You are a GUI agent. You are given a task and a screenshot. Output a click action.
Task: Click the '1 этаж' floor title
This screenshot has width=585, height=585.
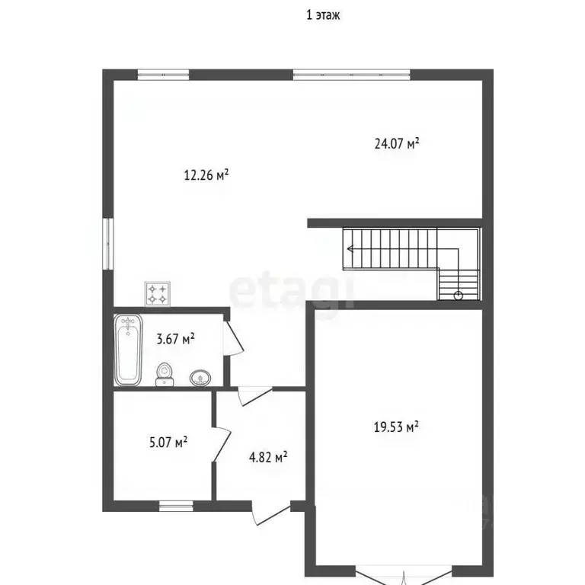click(323, 15)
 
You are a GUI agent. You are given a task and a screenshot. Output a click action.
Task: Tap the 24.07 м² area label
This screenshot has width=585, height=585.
click(397, 144)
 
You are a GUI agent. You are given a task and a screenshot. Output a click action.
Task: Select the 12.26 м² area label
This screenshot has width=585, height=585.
click(206, 174)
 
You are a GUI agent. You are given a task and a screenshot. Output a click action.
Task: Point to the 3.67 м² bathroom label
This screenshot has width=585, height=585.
click(175, 339)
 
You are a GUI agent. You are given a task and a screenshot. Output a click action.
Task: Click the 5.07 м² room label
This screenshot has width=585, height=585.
click(168, 443)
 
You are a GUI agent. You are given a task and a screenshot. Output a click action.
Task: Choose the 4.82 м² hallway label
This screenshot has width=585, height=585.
click(268, 457)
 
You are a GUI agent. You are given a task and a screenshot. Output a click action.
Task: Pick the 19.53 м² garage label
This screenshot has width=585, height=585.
click(396, 427)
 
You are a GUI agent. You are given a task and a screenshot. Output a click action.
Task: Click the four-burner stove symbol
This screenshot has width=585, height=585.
click(158, 294)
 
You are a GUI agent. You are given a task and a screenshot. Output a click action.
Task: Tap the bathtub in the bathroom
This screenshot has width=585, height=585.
click(128, 350)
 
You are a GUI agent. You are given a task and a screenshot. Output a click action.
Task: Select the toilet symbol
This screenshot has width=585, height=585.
click(165, 374)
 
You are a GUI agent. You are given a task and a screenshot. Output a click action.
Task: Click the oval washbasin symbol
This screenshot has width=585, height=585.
click(200, 378)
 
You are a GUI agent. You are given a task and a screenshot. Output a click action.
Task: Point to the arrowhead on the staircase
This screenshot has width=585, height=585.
click(350, 248)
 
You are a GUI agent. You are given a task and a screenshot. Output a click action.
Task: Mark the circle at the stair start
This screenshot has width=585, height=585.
click(458, 296)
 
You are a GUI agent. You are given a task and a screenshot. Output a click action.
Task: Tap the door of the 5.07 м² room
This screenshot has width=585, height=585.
click(222, 444)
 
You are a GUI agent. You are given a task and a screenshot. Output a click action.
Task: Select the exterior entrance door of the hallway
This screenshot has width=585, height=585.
click(270, 513)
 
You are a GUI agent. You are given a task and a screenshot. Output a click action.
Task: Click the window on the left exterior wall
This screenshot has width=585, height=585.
click(108, 244)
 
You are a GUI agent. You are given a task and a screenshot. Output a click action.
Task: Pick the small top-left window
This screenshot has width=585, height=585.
click(164, 75)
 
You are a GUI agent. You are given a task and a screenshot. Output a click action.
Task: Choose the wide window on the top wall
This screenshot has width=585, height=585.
click(351, 75)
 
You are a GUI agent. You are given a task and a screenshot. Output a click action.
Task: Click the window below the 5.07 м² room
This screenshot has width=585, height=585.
click(176, 506)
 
